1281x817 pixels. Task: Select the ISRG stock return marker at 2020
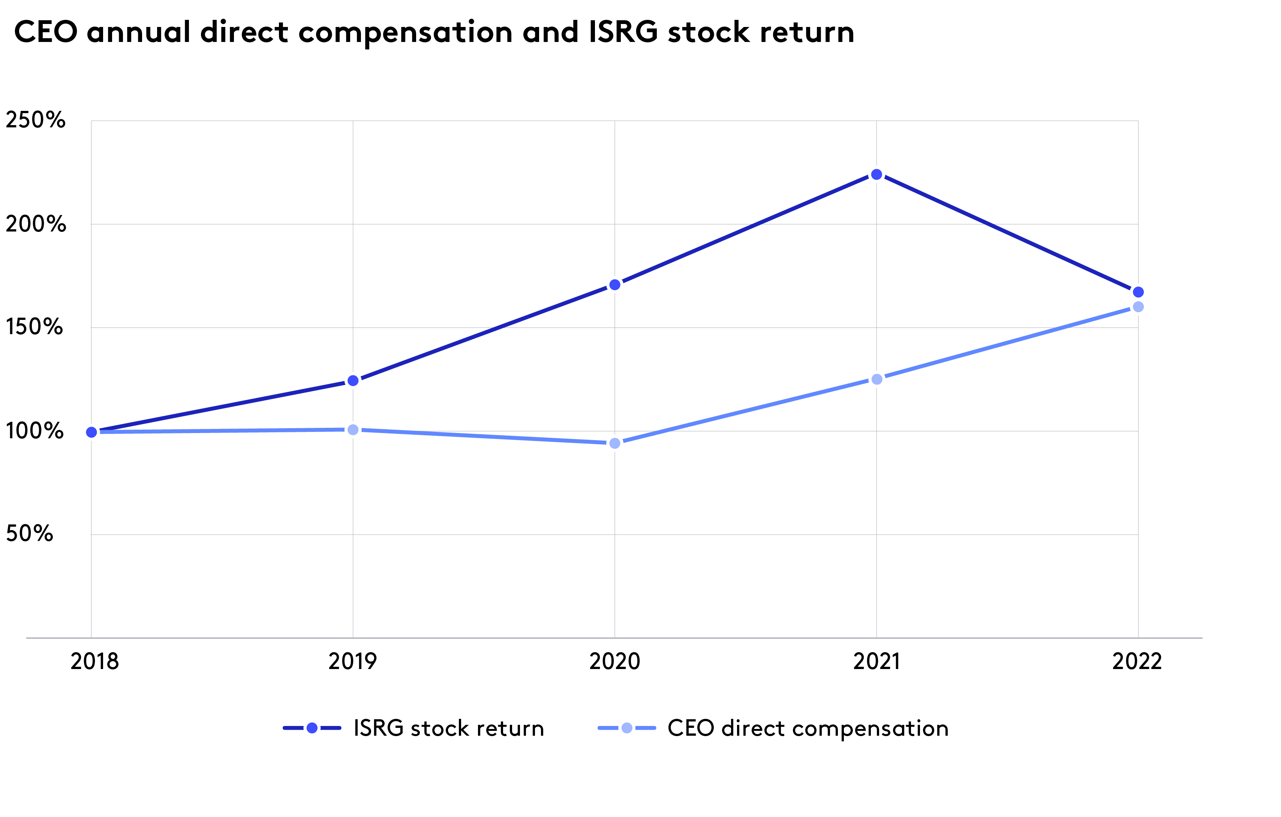(614, 285)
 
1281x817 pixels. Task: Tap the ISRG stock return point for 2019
(353, 381)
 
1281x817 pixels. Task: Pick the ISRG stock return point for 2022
(1138, 292)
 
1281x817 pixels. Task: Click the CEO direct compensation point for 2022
(1138, 307)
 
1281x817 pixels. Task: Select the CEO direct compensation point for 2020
(614, 443)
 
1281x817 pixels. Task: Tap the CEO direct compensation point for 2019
(353, 430)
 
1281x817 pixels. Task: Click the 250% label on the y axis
(35, 120)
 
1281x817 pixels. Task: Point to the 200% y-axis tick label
(35, 224)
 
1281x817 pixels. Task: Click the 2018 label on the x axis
(95, 661)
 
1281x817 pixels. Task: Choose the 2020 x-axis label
(614, 661)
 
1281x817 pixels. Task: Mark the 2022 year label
(1137, 661)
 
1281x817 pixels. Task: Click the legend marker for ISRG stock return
(312, 728)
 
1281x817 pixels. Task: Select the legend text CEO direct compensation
(808, 728)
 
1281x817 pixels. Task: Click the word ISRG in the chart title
(623, 32)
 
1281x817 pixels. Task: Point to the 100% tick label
(34, 430)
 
